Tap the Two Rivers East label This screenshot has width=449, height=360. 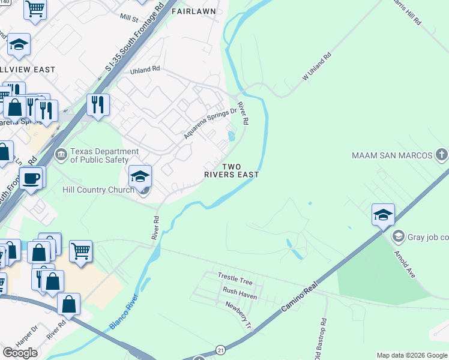tap(240, 170)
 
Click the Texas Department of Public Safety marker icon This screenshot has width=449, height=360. tap(61, 155)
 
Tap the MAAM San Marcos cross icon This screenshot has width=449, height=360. tap(442, 155)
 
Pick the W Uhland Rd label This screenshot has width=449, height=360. tap(317, 68)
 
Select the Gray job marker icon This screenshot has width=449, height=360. tap(397, 237)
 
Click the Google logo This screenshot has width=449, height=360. tap(20, 353)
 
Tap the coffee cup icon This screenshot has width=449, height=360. tap(31, 178)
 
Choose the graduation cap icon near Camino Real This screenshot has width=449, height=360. tap(382, 214)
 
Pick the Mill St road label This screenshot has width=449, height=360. tap(128, 18)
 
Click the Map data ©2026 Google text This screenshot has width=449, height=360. tap(412, 355)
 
